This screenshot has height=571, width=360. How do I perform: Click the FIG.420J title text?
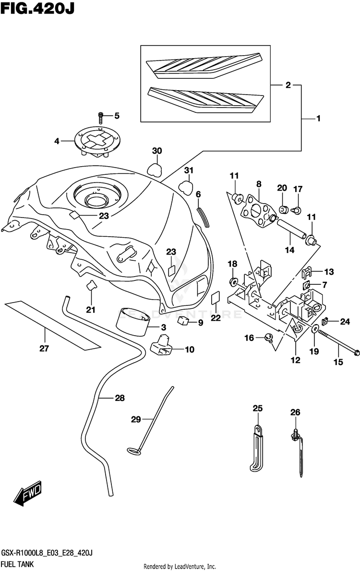(x=37, y=8)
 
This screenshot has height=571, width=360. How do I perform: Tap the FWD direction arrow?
(x=28, y=494)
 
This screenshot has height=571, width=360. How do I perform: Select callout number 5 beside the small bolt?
(x=117, y=116)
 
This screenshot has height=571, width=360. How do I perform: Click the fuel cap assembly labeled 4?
(x=97, y=142)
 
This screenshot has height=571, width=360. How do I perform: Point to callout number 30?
(x=157, y=151)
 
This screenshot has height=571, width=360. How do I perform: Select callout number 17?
(x=298, y=189)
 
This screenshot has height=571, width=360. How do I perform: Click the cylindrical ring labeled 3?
(x=133, y=322)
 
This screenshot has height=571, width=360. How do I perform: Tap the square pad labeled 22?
(x=216, y=298)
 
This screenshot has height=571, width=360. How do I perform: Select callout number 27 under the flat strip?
(x=44, y=349)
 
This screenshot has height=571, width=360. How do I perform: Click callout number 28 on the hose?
(x=120, y=398)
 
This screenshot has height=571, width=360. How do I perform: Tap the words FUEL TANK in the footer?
(x=17, y=564)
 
